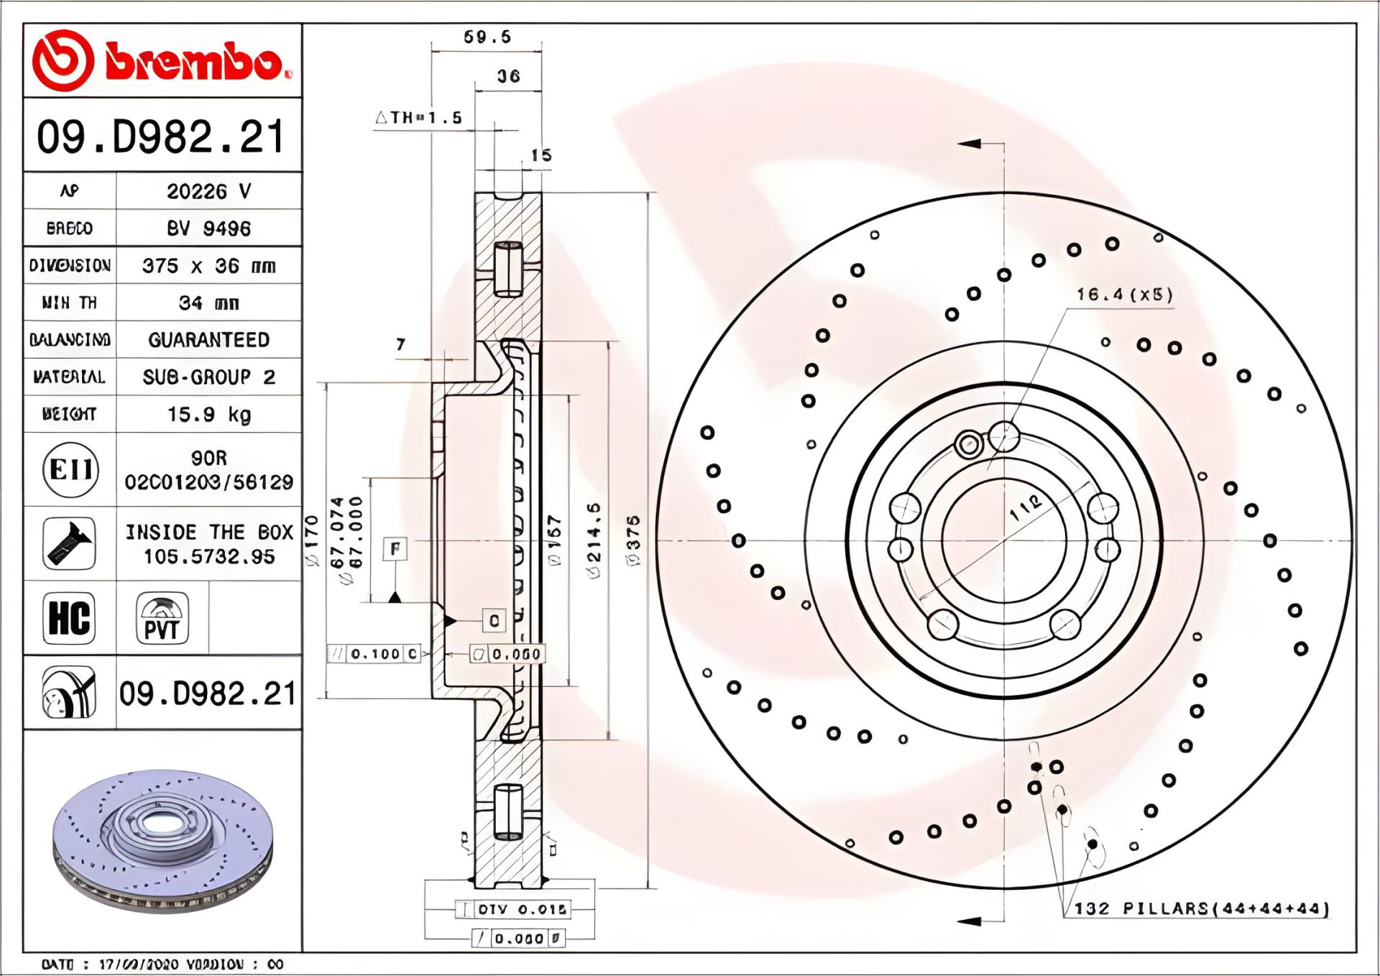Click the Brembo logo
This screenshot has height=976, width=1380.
(162, 61)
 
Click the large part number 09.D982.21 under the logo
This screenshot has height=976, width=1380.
(162, 137)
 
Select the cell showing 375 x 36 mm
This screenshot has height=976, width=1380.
(208, 266)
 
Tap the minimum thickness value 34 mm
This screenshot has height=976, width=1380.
(208, 303)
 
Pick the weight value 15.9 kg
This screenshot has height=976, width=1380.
(208, 415)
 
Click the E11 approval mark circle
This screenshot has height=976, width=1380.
(70, 470)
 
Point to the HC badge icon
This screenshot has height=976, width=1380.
(69, 618)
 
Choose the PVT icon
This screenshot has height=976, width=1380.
(162, 618)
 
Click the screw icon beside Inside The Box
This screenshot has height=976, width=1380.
(69, 544)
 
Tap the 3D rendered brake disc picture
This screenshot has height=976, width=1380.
(163, 841)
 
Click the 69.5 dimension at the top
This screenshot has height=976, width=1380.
(487, 37)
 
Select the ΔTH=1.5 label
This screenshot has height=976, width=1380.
(419, 118)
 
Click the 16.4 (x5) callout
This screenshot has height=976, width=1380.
(1124, 295)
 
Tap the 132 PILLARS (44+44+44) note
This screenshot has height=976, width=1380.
(1201, 908)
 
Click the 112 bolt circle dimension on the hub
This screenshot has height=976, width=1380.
(1025, 507)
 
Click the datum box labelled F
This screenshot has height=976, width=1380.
(395, 550)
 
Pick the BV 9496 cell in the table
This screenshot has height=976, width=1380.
(208, 229)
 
